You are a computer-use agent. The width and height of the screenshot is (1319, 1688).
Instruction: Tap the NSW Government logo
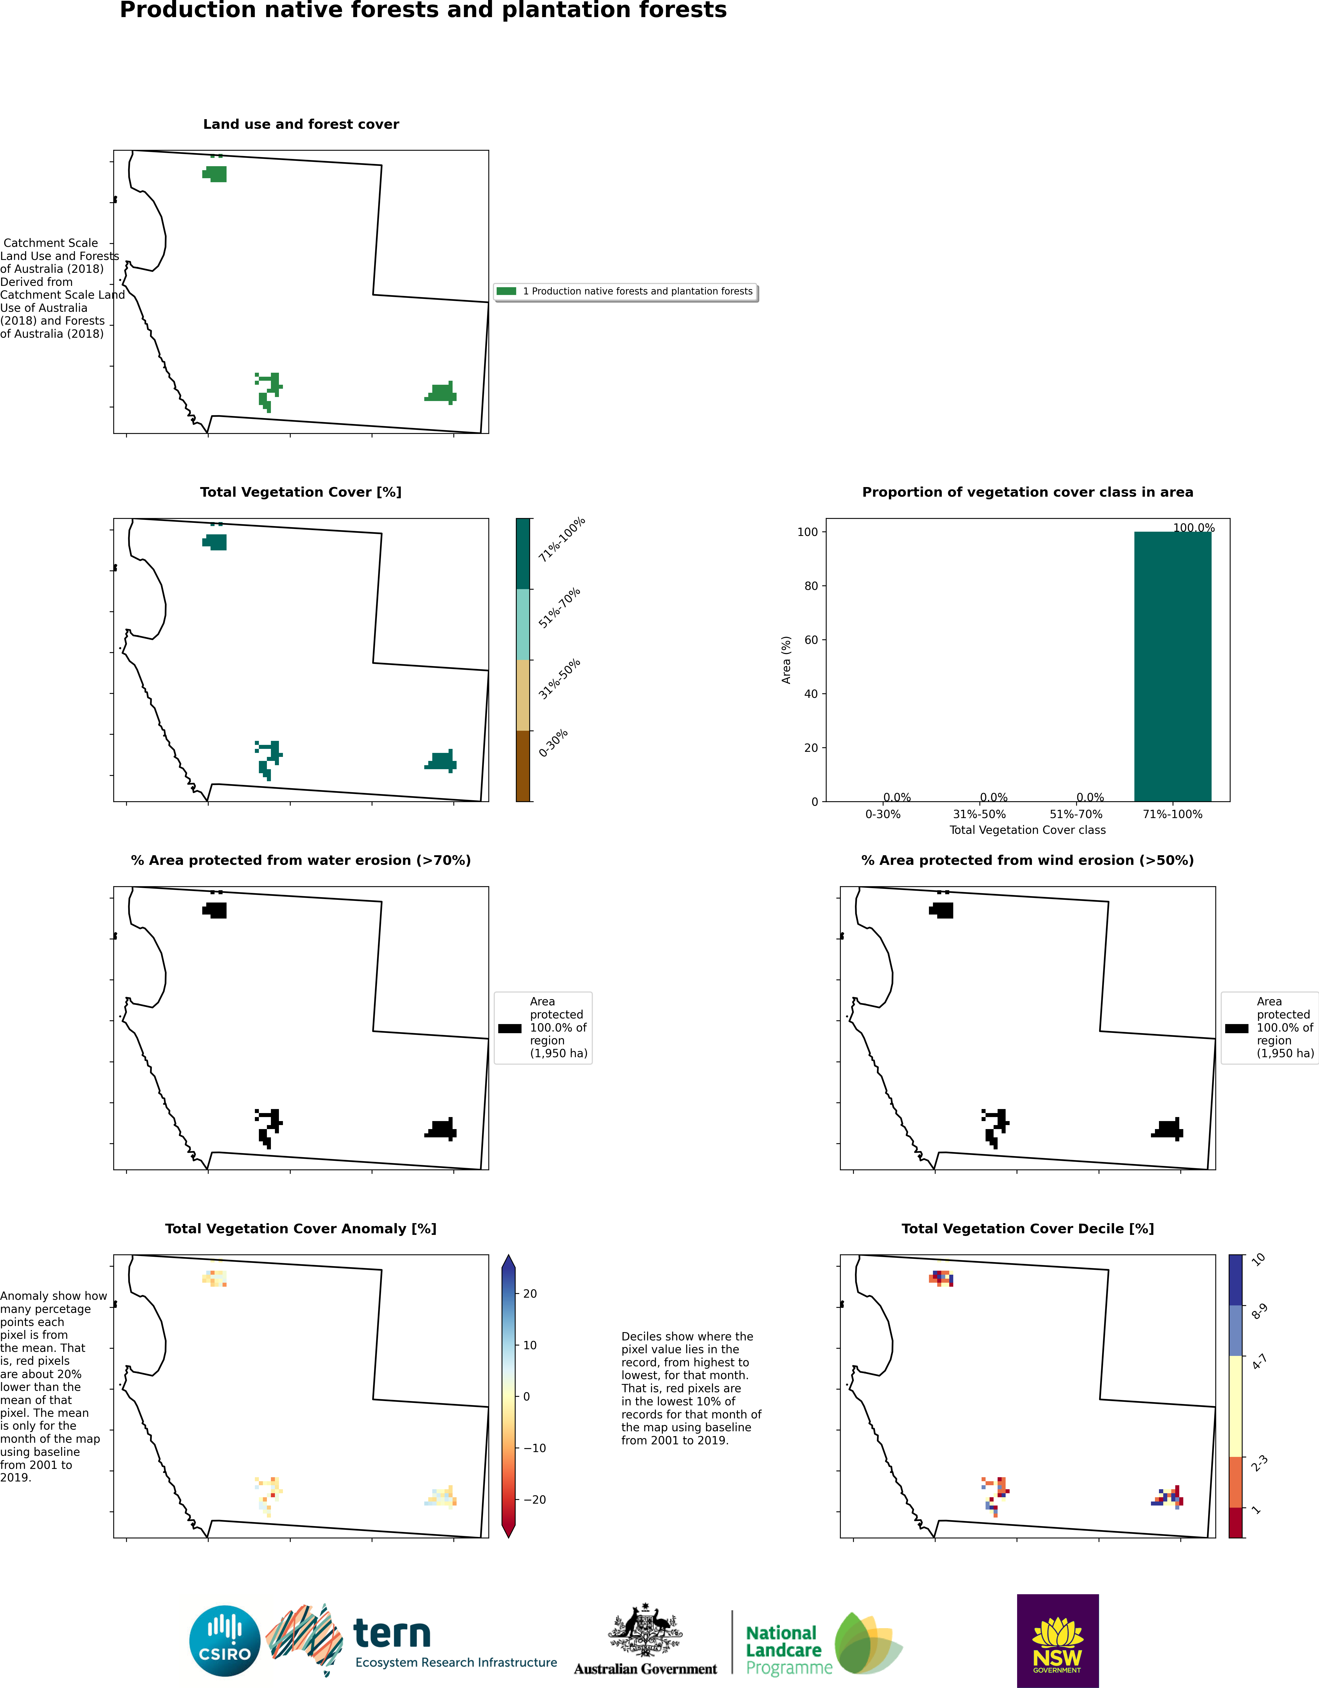(1057, 1640)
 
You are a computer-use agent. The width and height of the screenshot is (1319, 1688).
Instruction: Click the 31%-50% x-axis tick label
(979, 814)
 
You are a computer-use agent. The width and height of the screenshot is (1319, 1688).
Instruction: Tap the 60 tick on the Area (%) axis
(811, 640)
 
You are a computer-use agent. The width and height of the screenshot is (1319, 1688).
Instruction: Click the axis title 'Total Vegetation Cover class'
(1027, 830)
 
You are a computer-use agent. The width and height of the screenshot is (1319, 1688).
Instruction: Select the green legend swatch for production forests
(506, 291)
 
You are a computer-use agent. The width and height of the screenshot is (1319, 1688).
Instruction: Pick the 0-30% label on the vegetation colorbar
(553, 743)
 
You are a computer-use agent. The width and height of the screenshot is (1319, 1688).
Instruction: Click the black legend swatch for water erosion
(510, 1028)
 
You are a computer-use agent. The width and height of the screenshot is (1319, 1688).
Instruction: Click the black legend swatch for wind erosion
(1236, 1028)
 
